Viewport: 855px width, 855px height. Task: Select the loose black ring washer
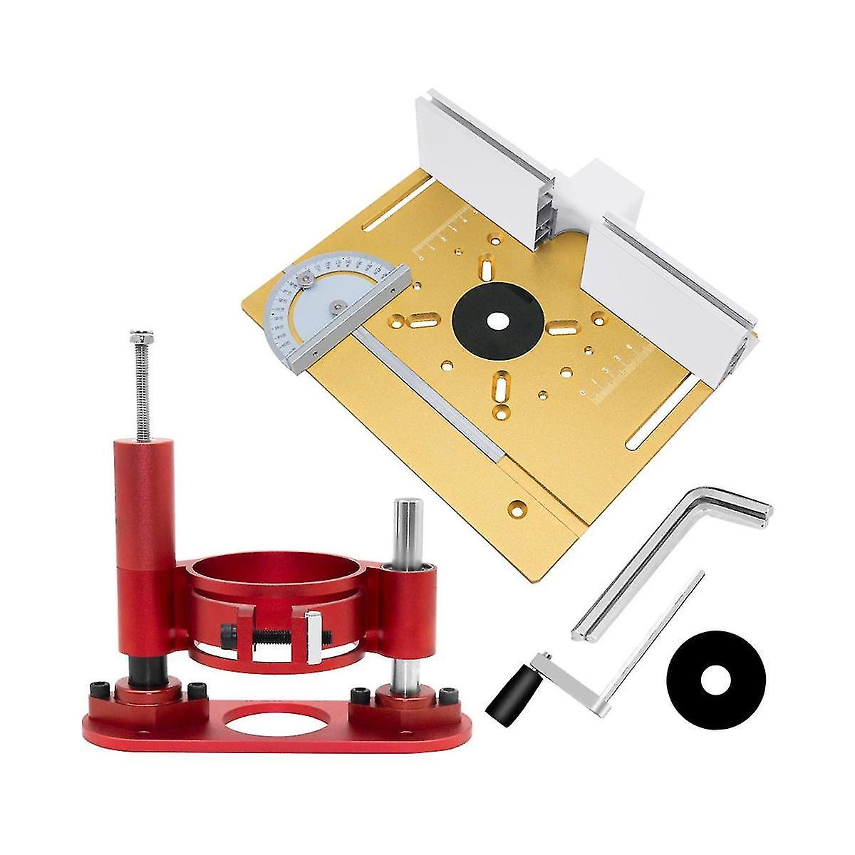[x=715, y=680]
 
